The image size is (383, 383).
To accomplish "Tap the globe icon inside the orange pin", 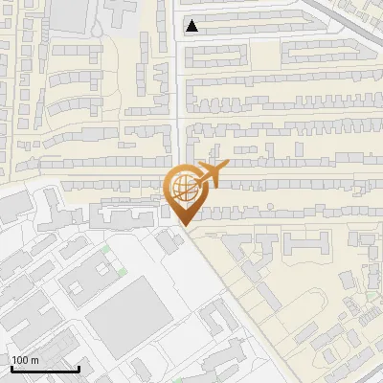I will (182, 186).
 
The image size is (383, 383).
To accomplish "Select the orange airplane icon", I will (214, 174).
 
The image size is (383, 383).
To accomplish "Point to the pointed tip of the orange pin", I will (183, 225).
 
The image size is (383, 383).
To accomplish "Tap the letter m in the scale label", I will (34, 360).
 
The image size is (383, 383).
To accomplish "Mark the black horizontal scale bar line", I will (44, 370).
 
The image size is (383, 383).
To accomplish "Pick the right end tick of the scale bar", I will (79, 368).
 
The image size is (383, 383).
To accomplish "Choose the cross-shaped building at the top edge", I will (122, 10).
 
